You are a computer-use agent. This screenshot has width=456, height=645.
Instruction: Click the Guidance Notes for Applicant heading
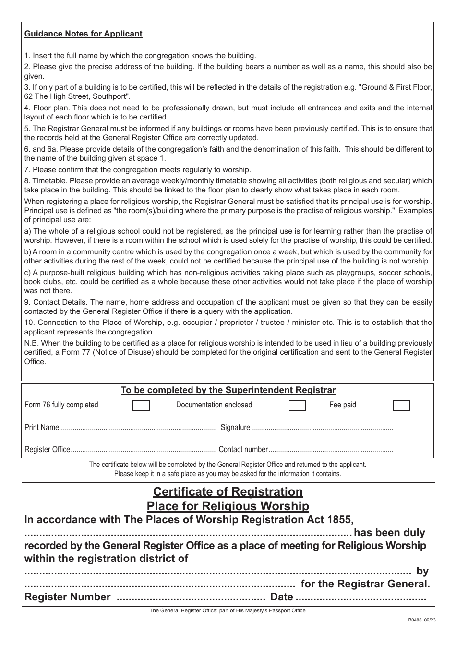(x=83, y=34)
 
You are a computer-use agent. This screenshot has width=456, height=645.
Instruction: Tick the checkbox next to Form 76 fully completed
(x=141, y=406)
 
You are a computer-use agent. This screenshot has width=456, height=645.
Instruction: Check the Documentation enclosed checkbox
(x=297, y=406)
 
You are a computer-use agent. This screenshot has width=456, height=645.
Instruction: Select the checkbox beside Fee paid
(x=401, y=406)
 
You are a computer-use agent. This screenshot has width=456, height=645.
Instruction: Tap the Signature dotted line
(x=322, y=428)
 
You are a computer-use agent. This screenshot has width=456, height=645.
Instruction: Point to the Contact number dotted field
(x=331, y=450)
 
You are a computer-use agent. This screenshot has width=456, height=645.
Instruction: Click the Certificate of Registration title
(x=228, y=492)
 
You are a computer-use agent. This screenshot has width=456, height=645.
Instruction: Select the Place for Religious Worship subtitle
(x=228, y=506)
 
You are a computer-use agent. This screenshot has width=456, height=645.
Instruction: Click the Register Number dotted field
(x=191, y=597)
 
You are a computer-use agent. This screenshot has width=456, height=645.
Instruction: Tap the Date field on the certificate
(x=360, y=597)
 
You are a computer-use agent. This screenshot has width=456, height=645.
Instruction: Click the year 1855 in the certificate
(x=340, y=519)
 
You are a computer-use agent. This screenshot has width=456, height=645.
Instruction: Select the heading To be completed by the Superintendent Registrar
(x=228, y=390)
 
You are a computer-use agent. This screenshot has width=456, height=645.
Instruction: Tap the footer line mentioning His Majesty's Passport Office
(x=227, y=610)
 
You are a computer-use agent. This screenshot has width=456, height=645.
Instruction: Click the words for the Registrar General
(x=365, y=584)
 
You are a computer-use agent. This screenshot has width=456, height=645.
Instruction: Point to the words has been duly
(x=389, y=533)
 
